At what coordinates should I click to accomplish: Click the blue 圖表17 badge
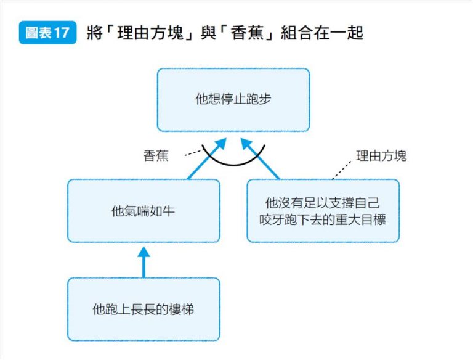(47, 33)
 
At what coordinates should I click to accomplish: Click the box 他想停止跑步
(233, 100)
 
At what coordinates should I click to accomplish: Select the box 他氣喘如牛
(144, 211)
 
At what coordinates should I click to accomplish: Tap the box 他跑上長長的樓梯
(144, 309)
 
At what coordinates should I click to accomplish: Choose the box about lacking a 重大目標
(323, 211)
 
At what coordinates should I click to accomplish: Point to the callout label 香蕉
(156, 157)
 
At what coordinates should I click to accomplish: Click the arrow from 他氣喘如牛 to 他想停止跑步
(203, 160)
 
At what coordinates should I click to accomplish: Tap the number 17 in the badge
(61, 33)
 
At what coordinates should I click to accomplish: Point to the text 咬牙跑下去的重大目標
(323, 219)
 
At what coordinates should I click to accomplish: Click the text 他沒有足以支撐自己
(323, 203)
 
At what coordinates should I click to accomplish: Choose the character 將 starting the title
(92, 33)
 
